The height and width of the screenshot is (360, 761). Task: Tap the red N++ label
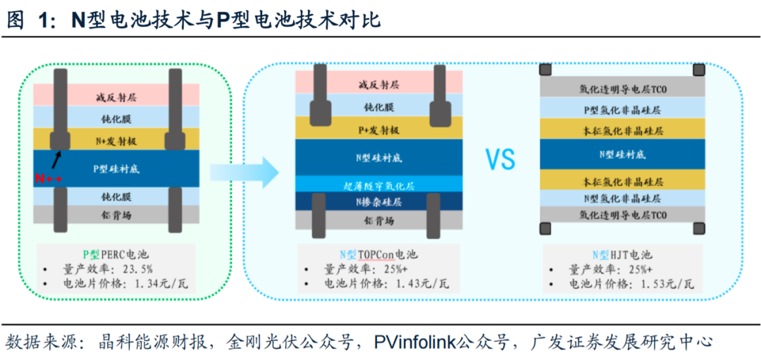pos(49,179)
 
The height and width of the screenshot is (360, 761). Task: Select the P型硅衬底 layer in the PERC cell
pos(116,169)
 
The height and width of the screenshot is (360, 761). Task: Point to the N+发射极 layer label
pos(116,141)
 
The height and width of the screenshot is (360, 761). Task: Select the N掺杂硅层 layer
pos(374,202)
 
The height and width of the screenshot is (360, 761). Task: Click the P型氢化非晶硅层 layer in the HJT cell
pos(621,110)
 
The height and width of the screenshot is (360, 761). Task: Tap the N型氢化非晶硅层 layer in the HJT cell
pos(621,199)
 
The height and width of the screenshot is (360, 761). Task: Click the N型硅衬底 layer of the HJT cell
pos(621,154)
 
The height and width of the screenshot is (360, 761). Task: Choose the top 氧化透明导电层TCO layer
pos(621,89)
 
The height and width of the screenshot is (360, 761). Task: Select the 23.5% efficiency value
pos(137,269)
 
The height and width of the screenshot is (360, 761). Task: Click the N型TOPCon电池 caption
pos(373,254)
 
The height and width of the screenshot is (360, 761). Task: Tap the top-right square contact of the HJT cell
pos(698,70)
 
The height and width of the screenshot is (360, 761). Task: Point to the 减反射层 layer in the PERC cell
pos(116,96)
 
